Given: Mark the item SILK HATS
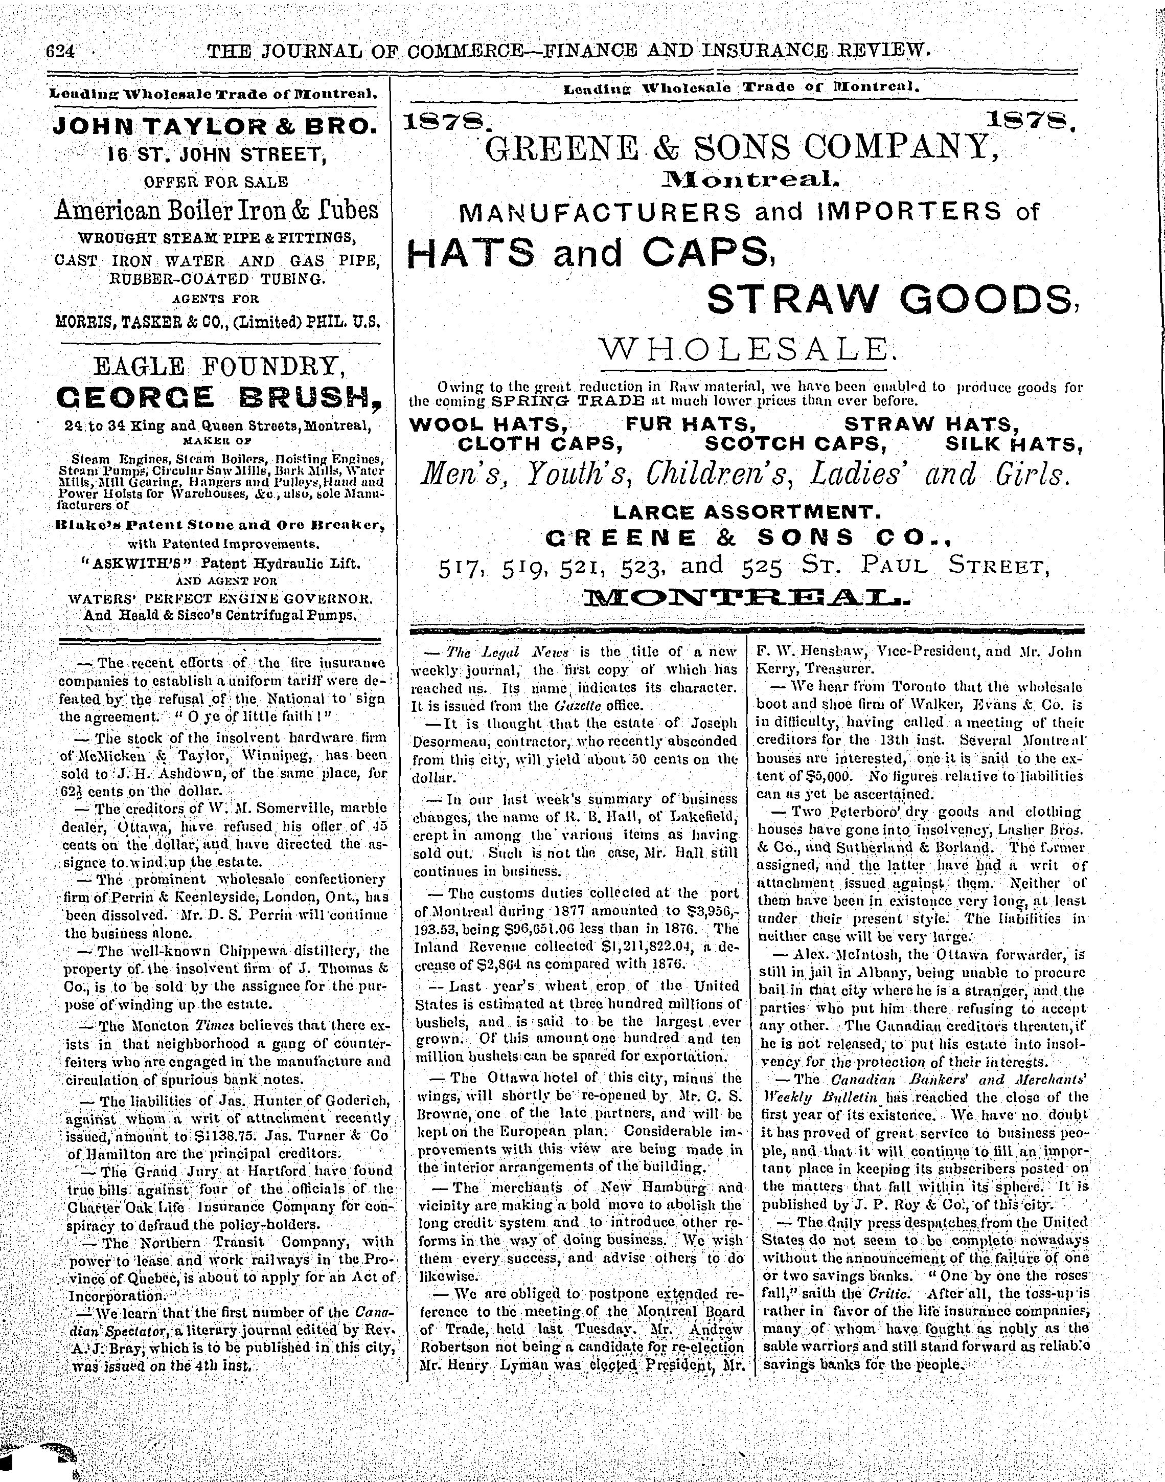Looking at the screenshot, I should coord(1014,444).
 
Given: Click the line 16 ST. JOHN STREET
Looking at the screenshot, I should coord(218,154).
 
